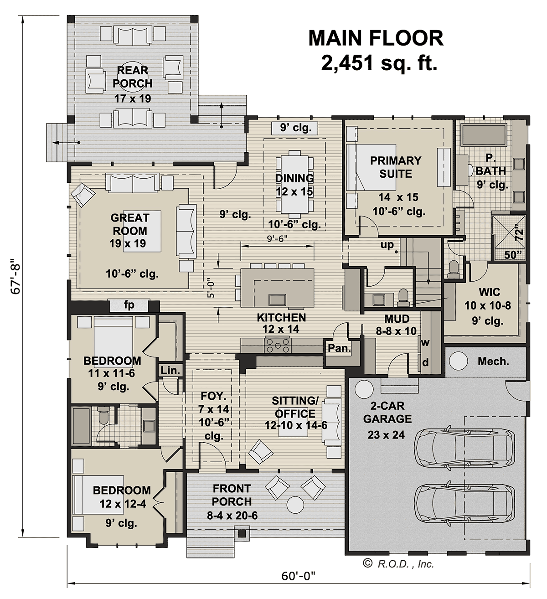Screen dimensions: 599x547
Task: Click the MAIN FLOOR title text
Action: pyautogui.click(x=376, y=38)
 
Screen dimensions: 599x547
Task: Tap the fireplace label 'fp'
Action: pyautogui.click(x=129, y=305)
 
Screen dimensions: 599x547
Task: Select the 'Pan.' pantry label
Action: pyautogui.click(x=339, y=348)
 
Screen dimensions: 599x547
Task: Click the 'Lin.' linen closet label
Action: pyautogui.click(x=170, y=370)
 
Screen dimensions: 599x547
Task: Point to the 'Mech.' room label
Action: pyautogui.click(x=493, y=361)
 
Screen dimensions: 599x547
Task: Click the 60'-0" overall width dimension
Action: pyautogui.click(x=298, y=576)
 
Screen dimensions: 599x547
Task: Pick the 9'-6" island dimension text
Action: pyautogui.click(x=277, y=238)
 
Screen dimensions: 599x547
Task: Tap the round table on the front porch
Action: pyautogui.click(x=296, y=504)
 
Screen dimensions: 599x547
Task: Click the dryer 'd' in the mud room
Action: pyautogui.click(x=425, y=363)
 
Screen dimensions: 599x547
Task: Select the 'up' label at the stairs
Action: pyautogui.click(x=387, y=245)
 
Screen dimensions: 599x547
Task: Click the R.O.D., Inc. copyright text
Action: pyautogui.click(x=398, y=564)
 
